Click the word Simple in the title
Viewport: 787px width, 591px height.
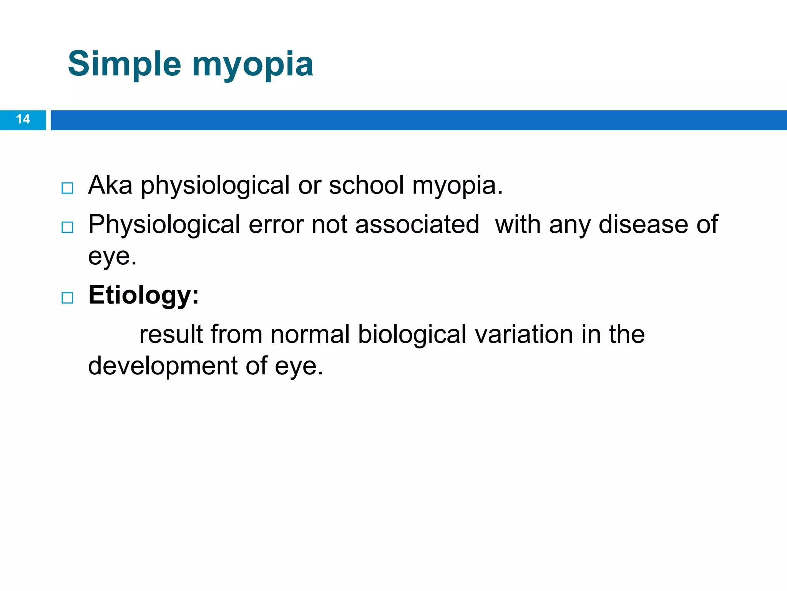pyautogui.click(x=124, y=64)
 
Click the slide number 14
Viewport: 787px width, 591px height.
pyautogui.click(x=23, y=119)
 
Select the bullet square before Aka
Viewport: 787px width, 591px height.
pyautogui.click(x=67, y=188)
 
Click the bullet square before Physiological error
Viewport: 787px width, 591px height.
pyautogui.click(x=67, y=227)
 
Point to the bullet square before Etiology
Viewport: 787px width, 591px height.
pyautogui.click(x=67, y=298)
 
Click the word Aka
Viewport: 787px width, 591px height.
pyautogui.click(x=110, y=185)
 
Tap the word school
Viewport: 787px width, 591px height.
pyautogui.click(x=366, y=185)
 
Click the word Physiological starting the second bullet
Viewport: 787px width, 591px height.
pyautogui.click(x=164, y=225)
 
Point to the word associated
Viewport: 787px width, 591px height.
pyautogui.click(x=417, y=225)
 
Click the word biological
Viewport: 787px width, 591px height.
pyautogui.click(x=412, y=335)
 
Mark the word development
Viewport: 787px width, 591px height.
pyautogui.click(x=163, y=366)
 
